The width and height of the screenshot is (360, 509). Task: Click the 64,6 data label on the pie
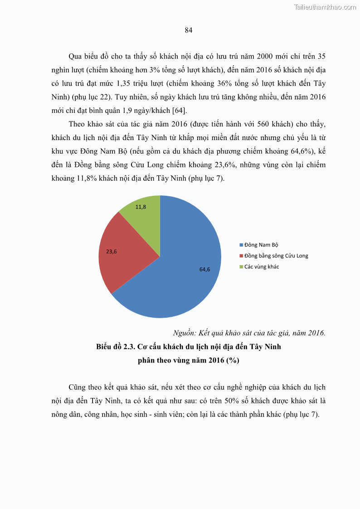(x=204, y=269)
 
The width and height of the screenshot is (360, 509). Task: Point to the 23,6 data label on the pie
(x=112, y=251)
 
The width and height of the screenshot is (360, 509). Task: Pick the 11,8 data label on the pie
(x=141, y=207)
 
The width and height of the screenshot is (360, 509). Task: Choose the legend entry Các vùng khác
(x=261, y=267)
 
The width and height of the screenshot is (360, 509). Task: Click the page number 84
(x=189, y=30)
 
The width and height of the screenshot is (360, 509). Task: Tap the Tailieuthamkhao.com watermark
(x=325, y=7)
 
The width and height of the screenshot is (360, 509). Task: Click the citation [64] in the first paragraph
(x=179, y=110)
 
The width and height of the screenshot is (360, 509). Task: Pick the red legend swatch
(x=241, y=256)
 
